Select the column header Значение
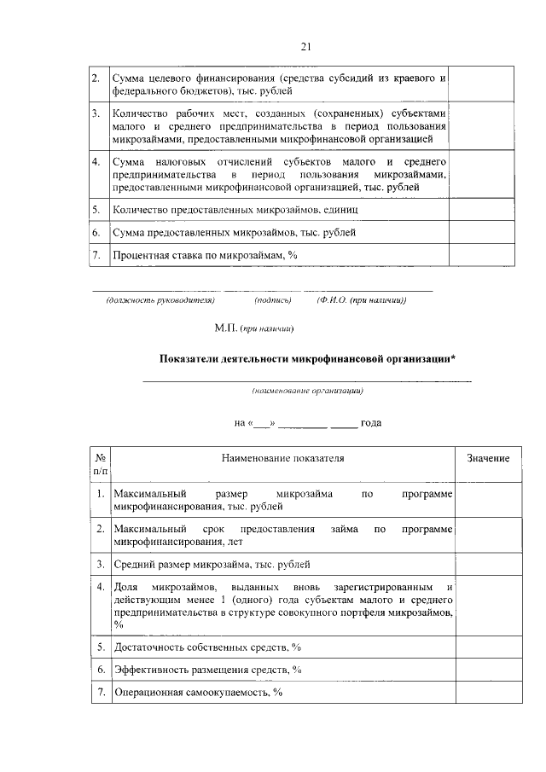pyautogui.click(x=488, y=459)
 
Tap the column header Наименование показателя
pyautogui.click(x=282, y=459)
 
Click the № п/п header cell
pyautogui.click(x=99, y=465)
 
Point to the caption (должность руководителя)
pyautogui.click(x=160, y=300)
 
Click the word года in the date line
pyautogui.click(x=370, y=422)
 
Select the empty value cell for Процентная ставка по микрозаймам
pyautogui.click(x=482, y=255)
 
